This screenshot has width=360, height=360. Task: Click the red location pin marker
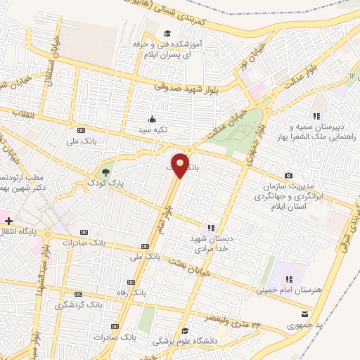tap(180, 165)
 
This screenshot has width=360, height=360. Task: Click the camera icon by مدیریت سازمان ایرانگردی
tap(288, 174)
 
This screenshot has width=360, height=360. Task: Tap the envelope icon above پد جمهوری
tap(304, 314)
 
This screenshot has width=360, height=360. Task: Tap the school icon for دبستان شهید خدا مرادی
tap(210, 227)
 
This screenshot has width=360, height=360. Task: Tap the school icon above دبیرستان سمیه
tap(316, 116)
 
